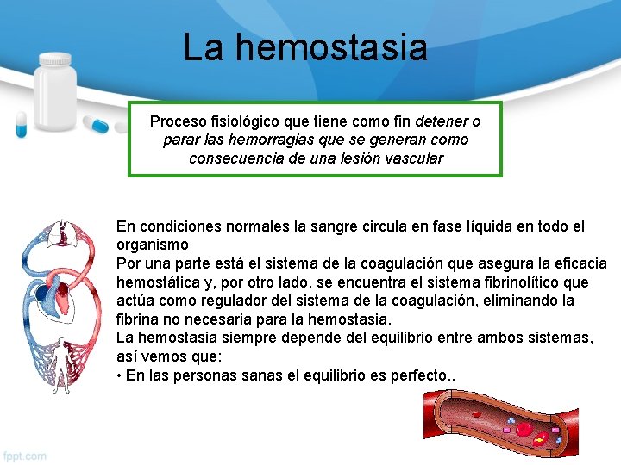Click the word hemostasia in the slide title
[x=331, y=47]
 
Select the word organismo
[x=152, y=245]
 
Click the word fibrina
[x=138, y=320]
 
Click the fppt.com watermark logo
[x=25, y=455]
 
